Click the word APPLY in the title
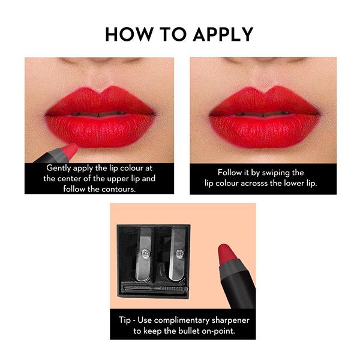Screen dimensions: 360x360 223,34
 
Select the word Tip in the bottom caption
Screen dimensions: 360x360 124,320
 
